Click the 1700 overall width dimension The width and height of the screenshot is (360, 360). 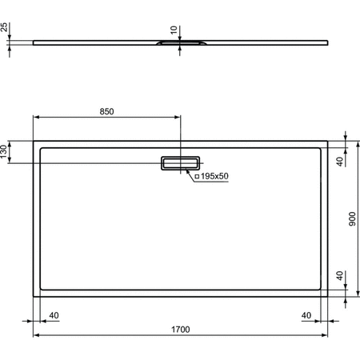tap(180, 329)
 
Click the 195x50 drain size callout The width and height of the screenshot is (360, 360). tap(212, 176)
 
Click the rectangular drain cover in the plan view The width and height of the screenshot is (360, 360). tap(180, 162)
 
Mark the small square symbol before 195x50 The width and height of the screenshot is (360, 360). tap(197, 176)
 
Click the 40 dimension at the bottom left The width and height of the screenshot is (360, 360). tap(54, 314)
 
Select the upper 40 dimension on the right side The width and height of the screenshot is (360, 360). tap(340, 162)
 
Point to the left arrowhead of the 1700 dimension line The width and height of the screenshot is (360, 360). tap(35, 336)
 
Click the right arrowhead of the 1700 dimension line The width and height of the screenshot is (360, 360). tap(326, 336)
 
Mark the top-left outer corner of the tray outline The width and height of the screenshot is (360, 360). tap(33, 142)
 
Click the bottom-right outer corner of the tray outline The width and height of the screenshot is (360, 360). tap(328, 295)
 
